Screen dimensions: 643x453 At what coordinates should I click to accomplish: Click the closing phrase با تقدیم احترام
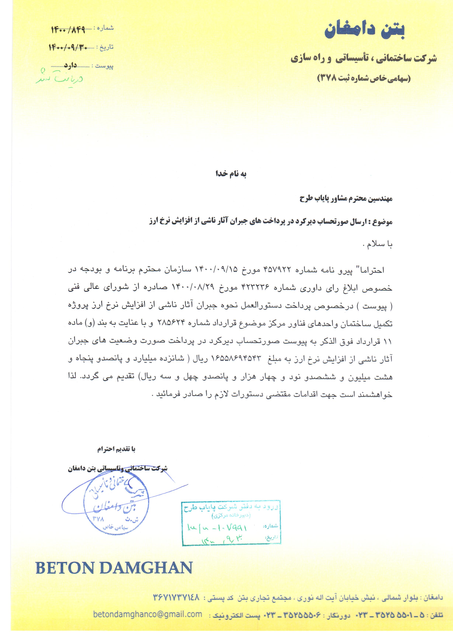point(116,449)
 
